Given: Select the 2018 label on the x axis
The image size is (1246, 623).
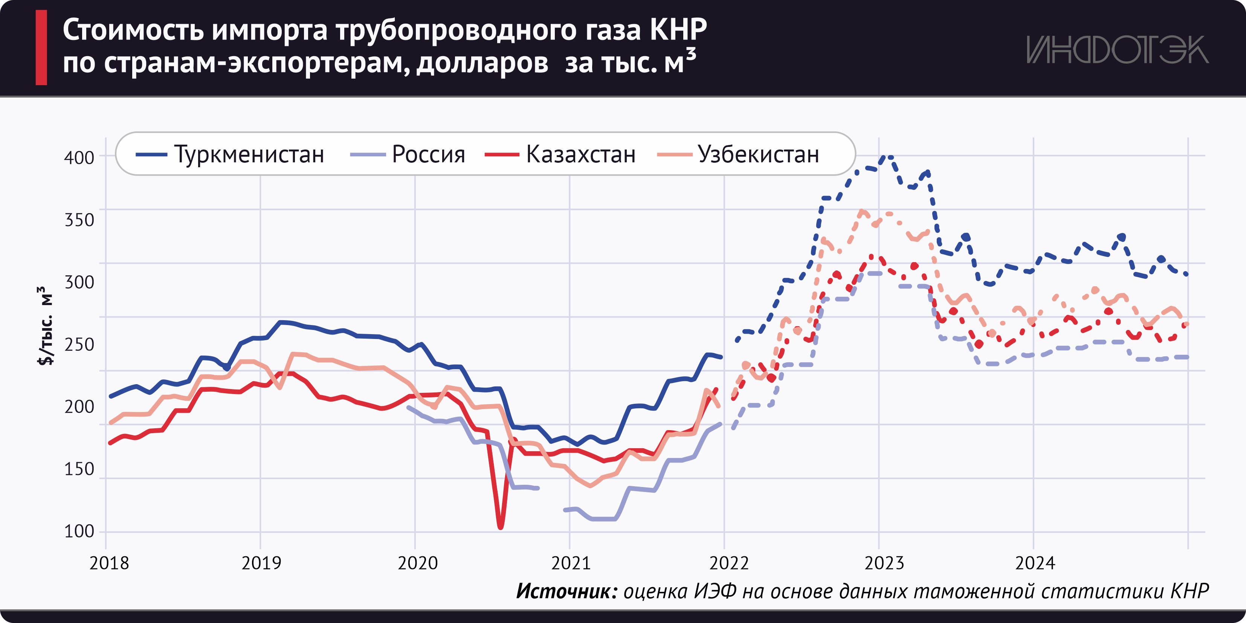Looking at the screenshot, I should [x=109, y=563].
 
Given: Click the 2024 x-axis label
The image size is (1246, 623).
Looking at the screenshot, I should [x=1035, y=563].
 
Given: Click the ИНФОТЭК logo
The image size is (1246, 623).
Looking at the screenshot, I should [x=1117, y=50].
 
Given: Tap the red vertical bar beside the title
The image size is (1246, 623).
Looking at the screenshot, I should [x=41, y=47].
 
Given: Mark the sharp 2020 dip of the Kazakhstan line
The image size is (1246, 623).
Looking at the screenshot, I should [x=500, y=526].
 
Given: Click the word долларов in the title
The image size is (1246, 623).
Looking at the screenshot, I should [x=482, y=63].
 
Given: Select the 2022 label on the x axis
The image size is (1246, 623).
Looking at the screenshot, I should [x=728, y=563].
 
